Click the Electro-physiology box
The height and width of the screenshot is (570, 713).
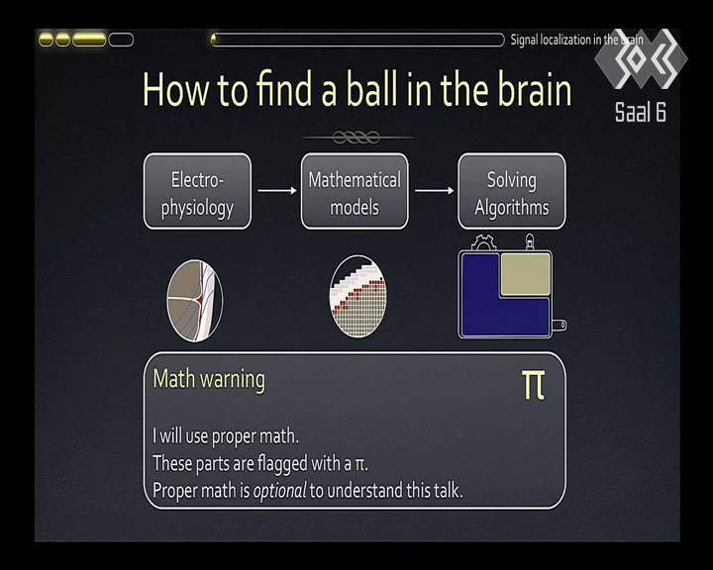coord(197,191)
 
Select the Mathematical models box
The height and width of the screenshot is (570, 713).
coord(355,191)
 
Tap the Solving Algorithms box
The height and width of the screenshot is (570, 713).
coord(512,191)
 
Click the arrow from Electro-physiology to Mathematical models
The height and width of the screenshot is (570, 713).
coord(277,190)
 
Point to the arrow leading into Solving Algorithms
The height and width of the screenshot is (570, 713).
coord(435,190)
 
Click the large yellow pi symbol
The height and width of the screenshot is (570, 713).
coord(533,385)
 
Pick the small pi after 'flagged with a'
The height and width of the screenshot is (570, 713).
coord(359,465)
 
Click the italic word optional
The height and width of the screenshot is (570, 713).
coord(279,491)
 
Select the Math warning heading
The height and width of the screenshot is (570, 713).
coord(209,380)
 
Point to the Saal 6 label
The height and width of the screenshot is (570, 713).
coord(641,112)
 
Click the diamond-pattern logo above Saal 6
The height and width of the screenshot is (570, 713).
coord(641,58)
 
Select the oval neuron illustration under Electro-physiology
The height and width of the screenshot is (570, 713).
coord(195,301)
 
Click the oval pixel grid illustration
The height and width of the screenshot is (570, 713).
coord(357,296)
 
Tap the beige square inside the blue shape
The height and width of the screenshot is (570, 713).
coord(526,274)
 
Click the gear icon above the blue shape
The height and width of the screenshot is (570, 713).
coord(483,242)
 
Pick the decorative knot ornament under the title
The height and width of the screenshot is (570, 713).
coord(356,137)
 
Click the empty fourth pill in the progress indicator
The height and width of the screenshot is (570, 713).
coord(121,40)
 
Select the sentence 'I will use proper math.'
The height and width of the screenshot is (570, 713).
coord(226,436)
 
